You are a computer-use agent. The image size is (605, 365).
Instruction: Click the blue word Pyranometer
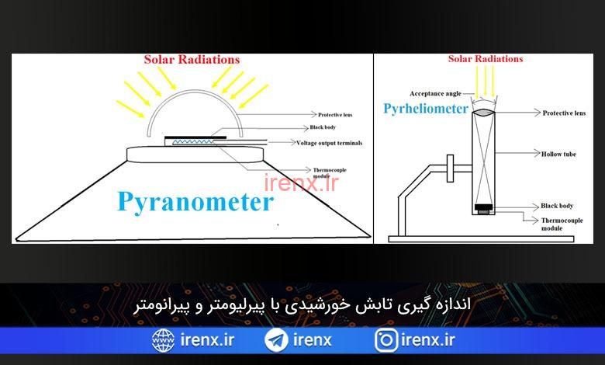[195, 202]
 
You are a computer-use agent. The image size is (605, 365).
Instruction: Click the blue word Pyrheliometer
[426, 109]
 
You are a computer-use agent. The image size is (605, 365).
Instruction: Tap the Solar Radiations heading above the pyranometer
[192, 60]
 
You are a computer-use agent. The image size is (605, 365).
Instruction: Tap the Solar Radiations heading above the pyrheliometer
[486, 59]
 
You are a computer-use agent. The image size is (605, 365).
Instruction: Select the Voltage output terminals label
[329, 143]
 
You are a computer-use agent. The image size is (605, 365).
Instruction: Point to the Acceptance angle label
[435, 93]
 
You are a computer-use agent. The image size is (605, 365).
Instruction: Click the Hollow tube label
[558, 154]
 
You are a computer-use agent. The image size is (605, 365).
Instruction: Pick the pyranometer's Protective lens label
[335, 115]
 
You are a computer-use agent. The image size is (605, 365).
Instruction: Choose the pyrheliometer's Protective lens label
[564, 113]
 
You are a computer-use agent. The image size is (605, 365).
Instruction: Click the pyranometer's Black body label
[323, 127]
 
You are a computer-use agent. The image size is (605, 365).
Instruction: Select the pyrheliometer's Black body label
[557, 206]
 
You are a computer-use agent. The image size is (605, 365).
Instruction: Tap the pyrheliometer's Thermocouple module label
[562, 224]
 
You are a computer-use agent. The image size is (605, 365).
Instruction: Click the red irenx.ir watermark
[301, 183]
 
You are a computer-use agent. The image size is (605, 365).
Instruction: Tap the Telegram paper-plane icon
[276, 340]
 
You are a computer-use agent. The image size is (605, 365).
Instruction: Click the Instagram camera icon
[386, 340]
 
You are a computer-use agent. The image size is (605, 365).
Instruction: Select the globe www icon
[163, 340]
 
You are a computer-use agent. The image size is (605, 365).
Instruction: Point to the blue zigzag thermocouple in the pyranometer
[193, 142]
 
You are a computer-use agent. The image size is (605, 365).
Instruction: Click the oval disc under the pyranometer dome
[195, 155]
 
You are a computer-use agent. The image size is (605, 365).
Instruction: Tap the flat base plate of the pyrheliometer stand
[481, 239]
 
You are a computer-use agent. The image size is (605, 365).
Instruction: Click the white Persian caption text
[302, 305]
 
